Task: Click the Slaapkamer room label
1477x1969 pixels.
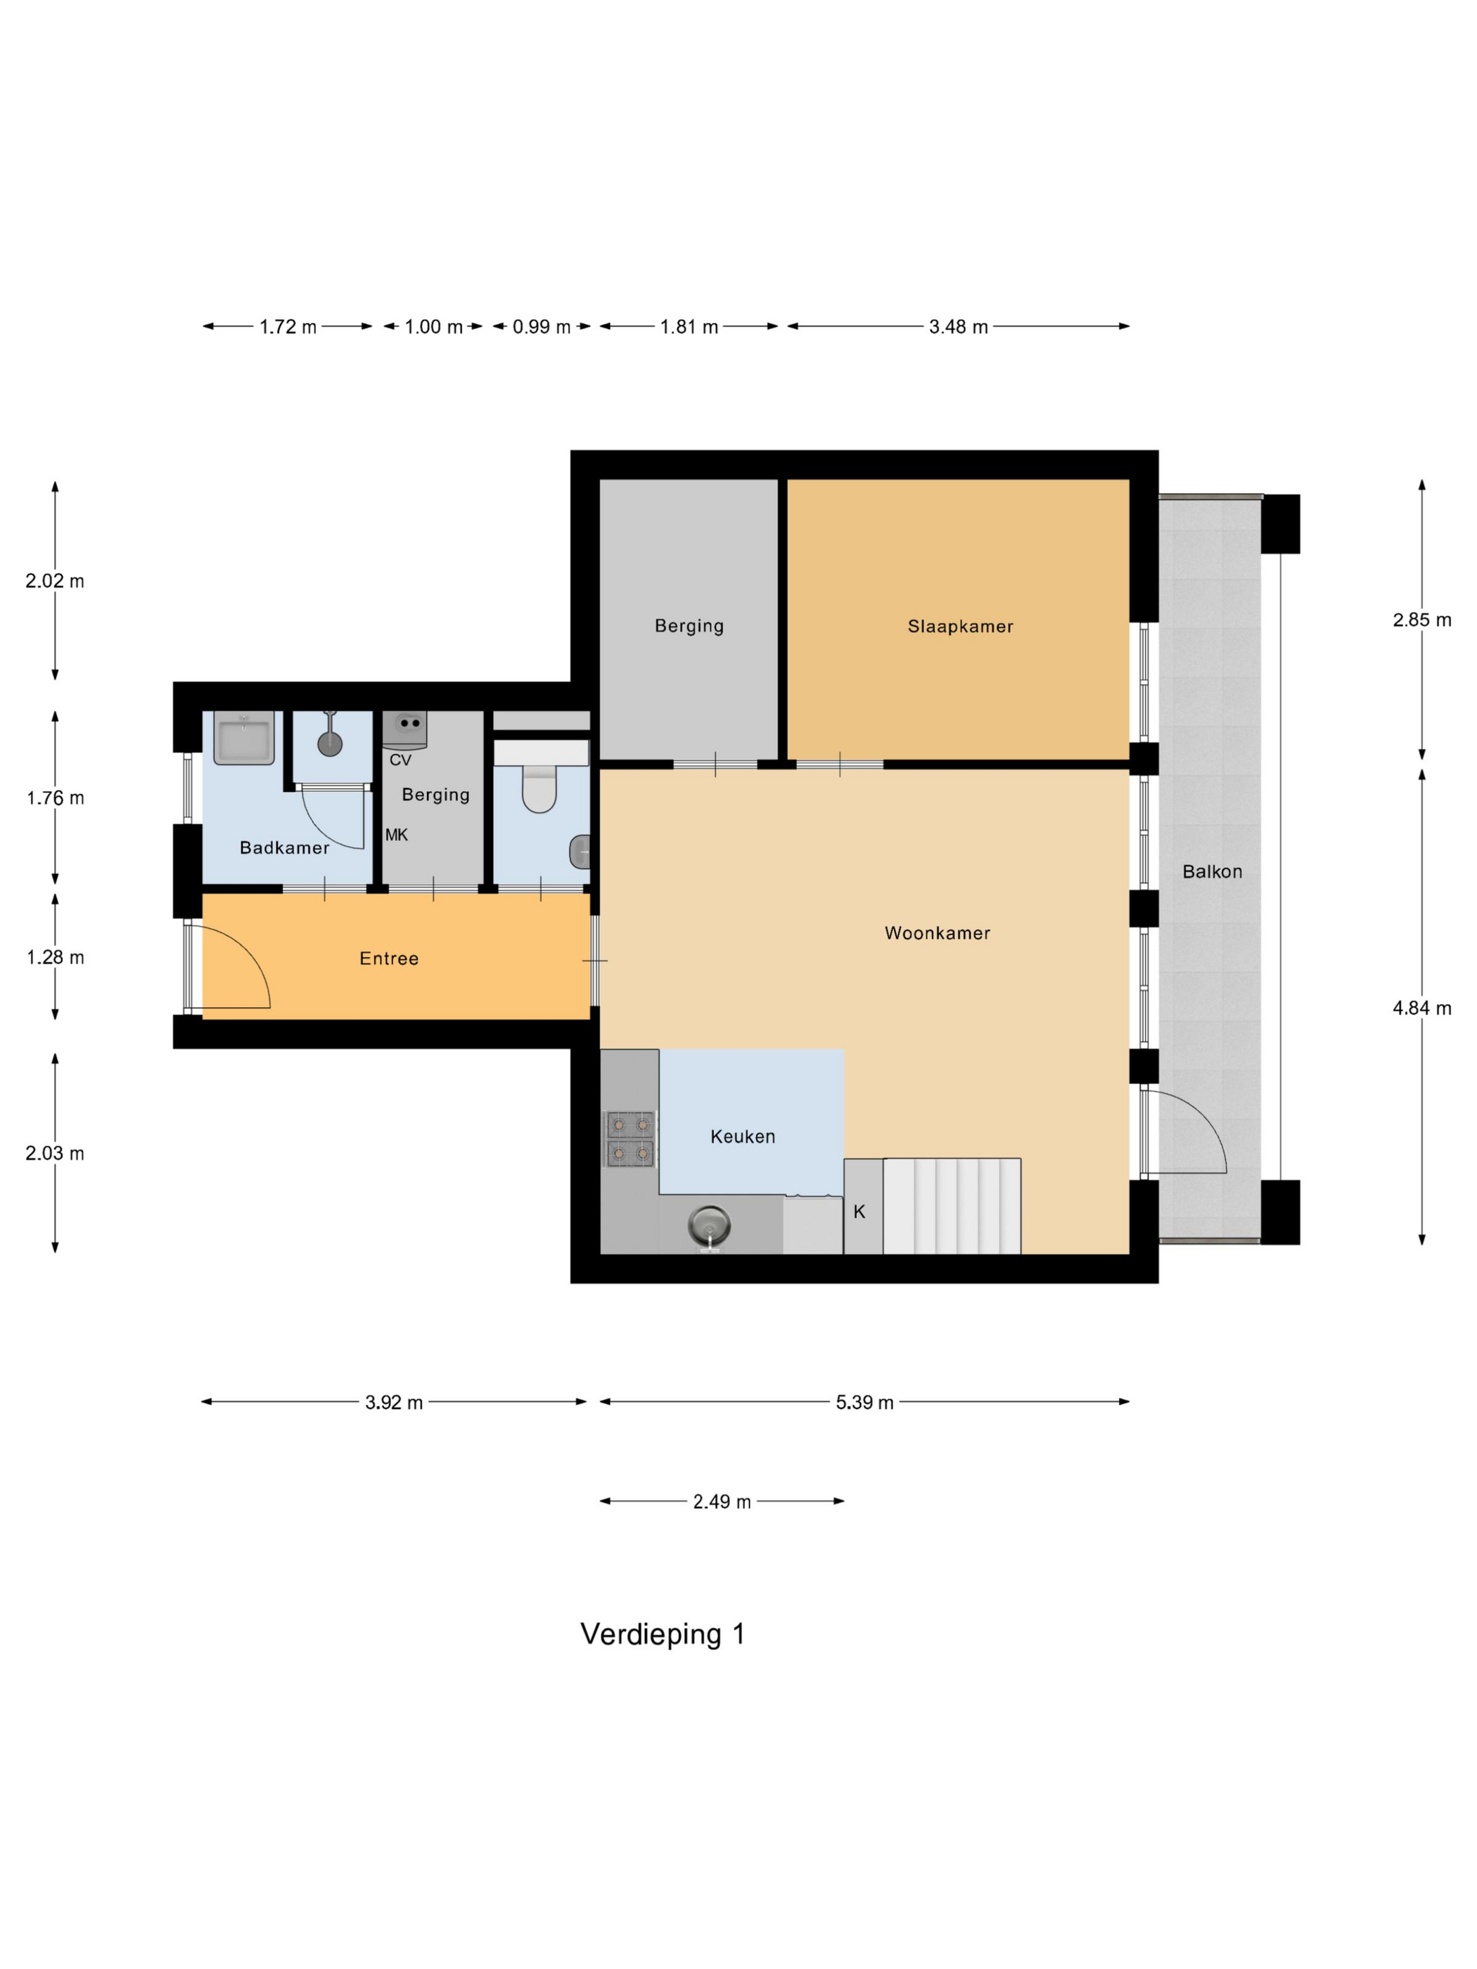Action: pos(960,627)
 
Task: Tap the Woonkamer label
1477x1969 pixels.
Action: pos(937,933)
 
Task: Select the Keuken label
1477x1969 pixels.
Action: pos(743,1136)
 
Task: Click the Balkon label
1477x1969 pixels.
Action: pos(1212,871)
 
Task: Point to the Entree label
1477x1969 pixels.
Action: pos(389,958)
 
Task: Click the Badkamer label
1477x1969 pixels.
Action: pos(284,848)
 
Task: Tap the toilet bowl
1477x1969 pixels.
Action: pos(539,790)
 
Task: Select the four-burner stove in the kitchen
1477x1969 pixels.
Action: pos(629,1139)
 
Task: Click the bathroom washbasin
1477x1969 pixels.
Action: pos(243,740)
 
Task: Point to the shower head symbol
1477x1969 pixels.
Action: pos(331,743)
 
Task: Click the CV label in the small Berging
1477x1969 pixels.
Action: pos(399,760)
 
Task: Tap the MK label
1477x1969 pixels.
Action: pos(396,835)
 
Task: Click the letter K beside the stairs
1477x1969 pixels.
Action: pos(859,1212)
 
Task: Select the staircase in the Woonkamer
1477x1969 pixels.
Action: pos(951,1205)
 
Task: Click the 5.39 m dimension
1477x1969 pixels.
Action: pos(864,1403)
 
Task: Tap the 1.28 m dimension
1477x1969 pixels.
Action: pos(55,958)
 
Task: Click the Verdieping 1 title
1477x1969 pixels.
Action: pos(663,1634)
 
